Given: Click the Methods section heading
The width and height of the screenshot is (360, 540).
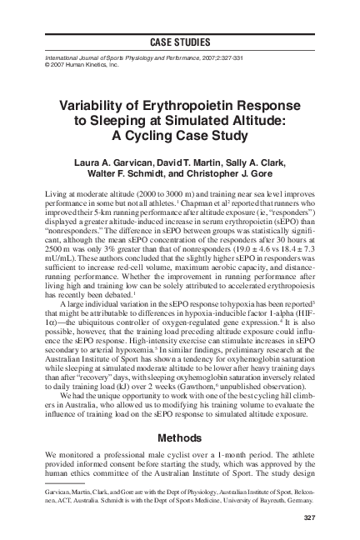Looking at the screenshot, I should pos(180,436).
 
